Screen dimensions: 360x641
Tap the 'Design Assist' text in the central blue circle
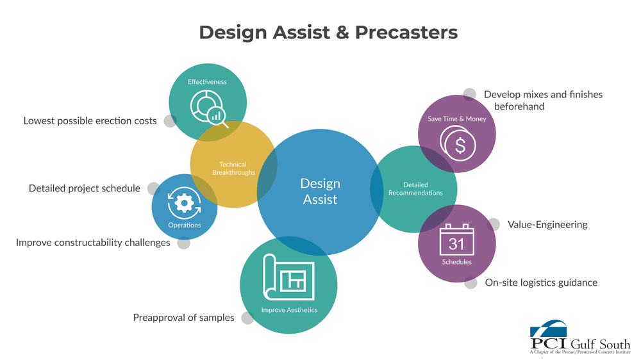click(x=320, y=192)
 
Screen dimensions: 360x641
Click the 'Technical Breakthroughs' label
click(x=233, y=168)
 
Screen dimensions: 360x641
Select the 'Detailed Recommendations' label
click(x=415, y=189)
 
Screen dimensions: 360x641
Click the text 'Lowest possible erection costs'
click(x=90, y=120)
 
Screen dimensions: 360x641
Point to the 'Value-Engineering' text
click(x=547, y=225)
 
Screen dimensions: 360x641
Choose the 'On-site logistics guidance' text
click(x=541, y=282)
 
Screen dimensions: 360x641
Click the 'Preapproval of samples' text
click(x=183, y=318)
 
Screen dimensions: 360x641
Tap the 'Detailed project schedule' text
click(x=85, y=188)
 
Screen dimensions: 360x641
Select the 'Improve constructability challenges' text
click(x=93, y=243)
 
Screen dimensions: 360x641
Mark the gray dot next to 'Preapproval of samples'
click(x=247, y=318)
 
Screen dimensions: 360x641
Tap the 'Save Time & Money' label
click(x=457, y=119)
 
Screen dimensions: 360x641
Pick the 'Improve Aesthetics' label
click(x=288, y=310)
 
